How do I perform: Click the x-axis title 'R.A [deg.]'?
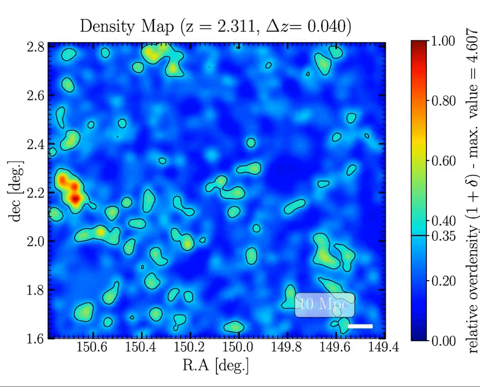(215, 365)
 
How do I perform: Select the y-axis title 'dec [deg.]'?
(17, 192)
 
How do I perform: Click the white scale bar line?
(360, 326)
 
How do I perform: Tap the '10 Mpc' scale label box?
(325, 305)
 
